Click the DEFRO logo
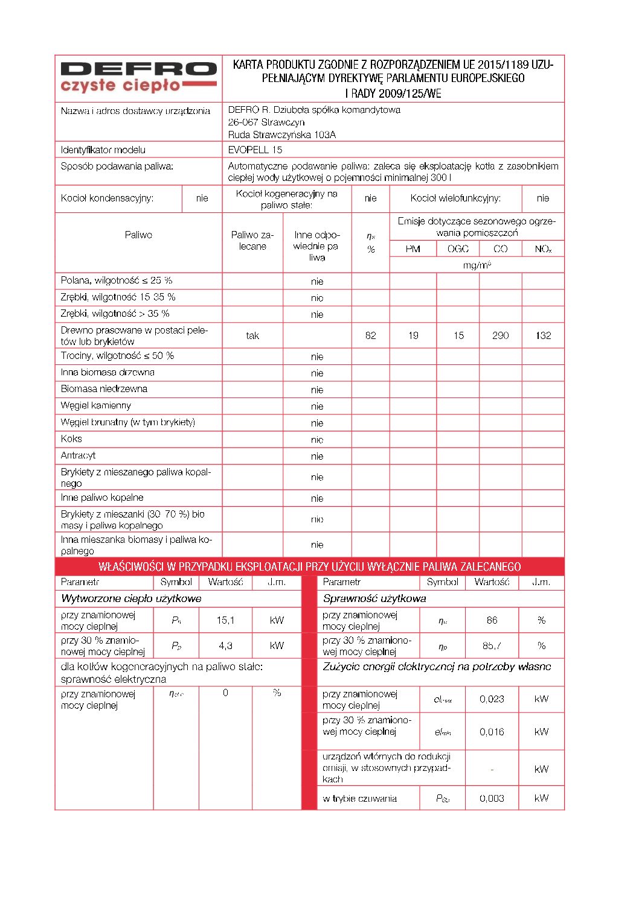tap(138, 78)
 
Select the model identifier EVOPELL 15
tap(255, 150)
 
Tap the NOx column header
tap(543, 249)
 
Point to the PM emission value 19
tap(413, 335)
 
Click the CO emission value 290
tap(500, 335)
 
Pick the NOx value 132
tap(543, 335)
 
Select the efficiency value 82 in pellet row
tap(370, 335)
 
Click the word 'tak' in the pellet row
tap(252, 335)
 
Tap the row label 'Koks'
tap(71, 439)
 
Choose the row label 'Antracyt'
tap(78, 455)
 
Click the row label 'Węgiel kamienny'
tap(95, 405)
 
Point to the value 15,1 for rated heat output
tap(225, 620)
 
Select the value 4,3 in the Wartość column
tap(225, 645)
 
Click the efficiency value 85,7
tap(492, 645)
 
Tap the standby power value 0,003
tap(492, 798)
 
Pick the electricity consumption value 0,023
tap(492, 699)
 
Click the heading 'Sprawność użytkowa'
tap(374, 598)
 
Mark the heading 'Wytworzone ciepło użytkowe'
tap(131, 598)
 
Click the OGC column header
tap(458, 249)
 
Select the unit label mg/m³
tap(477, 265)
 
